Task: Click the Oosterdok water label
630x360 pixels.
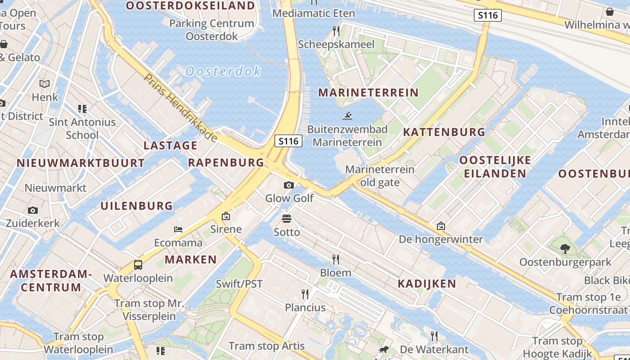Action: point(223,71)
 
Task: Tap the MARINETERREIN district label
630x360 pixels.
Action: point(368,93)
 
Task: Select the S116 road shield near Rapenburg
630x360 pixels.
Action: point(288,141)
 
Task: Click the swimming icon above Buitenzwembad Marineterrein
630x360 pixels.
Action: point(347,117)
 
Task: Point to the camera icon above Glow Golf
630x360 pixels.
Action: point(289,185)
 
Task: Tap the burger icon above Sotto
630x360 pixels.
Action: point(287,219)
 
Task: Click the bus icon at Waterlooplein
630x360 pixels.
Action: point(138,265)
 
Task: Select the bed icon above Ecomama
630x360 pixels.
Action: point(178,229)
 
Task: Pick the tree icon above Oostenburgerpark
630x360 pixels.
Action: point(565,248)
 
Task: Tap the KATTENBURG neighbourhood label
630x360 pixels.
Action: point(444,132)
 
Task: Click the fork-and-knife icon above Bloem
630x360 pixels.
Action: point(335,259)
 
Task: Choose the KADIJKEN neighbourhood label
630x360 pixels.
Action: point(427,283)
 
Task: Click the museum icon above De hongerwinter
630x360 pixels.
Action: point(441,226)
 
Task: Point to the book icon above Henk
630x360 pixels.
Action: point(45,84)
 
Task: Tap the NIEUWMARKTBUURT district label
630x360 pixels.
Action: point(81,163)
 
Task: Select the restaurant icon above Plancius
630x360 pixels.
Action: point(305,294)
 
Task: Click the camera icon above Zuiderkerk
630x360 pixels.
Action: point(32,210)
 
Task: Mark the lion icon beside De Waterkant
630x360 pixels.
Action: point(383,350)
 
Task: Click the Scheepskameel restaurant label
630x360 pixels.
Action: point(336,44)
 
